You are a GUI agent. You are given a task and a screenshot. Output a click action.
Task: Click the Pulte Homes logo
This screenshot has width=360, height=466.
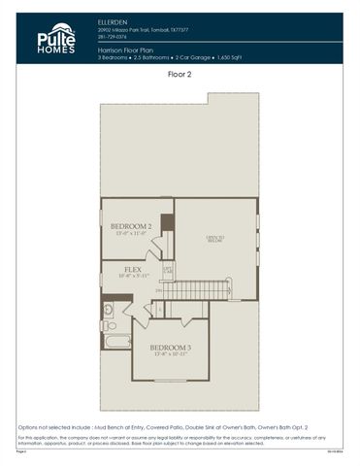click(x=55, y=39)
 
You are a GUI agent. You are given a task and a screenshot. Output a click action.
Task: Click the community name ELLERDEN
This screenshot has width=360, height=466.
click(x=114, y=19)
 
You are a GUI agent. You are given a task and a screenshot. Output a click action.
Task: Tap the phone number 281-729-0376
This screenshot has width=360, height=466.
click(x=115, y=37)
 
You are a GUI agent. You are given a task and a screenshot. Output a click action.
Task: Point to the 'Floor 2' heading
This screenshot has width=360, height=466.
click(x=180, y=73)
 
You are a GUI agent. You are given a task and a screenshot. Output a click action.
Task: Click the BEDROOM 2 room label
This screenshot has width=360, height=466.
click(x=130, y=226)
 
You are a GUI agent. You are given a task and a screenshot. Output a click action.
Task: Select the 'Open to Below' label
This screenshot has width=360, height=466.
click(x=214, y=239)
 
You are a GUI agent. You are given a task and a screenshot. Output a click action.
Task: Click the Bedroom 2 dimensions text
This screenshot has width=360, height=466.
click(x=130, y=234)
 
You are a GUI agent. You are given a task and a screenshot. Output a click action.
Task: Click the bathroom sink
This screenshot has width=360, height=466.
click(x=108, y=310)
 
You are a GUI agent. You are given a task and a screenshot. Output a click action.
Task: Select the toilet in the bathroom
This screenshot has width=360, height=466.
click(x=109, y=325)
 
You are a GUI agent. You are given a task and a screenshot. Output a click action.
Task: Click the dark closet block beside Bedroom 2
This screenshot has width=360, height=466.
click(x=167, y=222)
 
